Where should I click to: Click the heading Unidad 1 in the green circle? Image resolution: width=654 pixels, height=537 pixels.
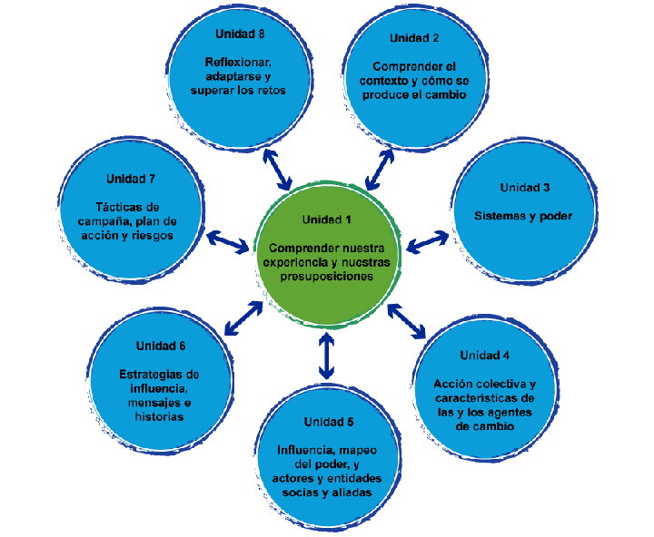point(326,220)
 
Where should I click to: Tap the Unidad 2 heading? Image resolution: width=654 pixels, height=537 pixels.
point(414,38)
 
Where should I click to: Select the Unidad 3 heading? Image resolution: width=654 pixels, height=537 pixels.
point(524,188)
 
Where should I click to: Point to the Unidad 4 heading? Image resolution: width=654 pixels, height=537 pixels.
point(484,355)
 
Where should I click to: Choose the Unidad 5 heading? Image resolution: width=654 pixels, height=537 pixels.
point(329,422)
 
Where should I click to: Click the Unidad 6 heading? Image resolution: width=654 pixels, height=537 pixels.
point(161,346)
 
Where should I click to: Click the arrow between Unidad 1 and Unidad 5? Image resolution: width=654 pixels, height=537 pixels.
point(327,356)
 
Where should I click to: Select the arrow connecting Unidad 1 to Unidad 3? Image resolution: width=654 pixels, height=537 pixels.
point(428,241)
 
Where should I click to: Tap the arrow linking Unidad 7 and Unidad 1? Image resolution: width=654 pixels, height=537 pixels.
point(228,241)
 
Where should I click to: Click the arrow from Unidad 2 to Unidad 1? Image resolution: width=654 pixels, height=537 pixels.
point(379,169)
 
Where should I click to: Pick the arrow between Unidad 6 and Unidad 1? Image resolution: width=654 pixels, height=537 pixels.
point(243,315)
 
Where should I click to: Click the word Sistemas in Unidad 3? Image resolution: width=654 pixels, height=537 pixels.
point(500,217)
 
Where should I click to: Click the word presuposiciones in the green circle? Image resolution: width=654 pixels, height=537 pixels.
point(327,278)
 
